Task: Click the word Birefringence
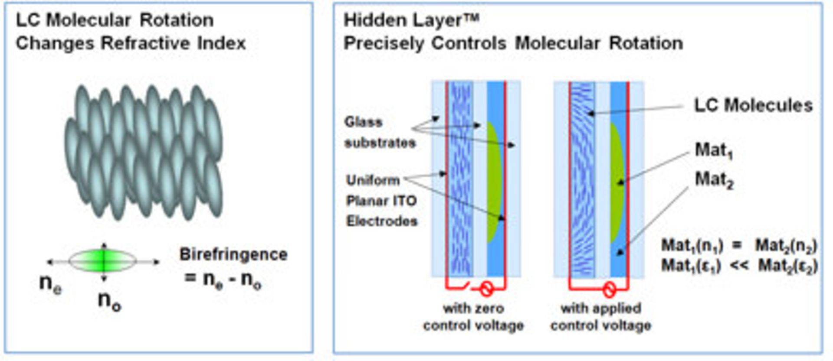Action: (x=233, y=254)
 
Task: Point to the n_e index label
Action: (x=50, y=284)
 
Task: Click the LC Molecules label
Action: (x=753, y=105)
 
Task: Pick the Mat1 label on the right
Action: (x=714, y=150)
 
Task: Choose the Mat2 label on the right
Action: (x=714, y=179)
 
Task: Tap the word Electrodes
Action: (x=382, y=221)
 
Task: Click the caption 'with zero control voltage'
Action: (x=473, y=317)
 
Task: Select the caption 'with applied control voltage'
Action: (x=601, y=317)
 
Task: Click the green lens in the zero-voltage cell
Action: (x=493, y=182)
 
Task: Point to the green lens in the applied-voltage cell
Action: (x=617, y=182)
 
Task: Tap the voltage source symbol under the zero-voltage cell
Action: (x=486, y=288)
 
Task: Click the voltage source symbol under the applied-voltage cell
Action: (x=609, y=289)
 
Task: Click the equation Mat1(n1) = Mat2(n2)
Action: (x=739, y=246)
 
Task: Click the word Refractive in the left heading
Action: (x=145, y=43)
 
